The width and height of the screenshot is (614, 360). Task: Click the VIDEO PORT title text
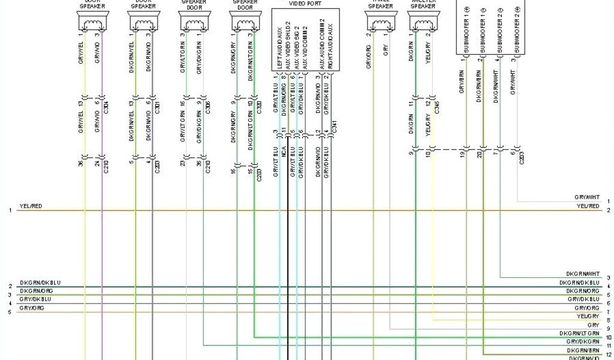tap(306, 3)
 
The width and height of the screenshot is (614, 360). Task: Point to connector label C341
tap(334, 127)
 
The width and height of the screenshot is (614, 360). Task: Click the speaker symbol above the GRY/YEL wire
tap(92, 23)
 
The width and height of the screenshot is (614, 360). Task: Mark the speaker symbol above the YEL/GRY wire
tap(421, 23)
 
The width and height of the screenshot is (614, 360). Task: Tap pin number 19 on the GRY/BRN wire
tap(462, 155)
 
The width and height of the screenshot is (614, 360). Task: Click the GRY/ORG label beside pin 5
tap(32, 308)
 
